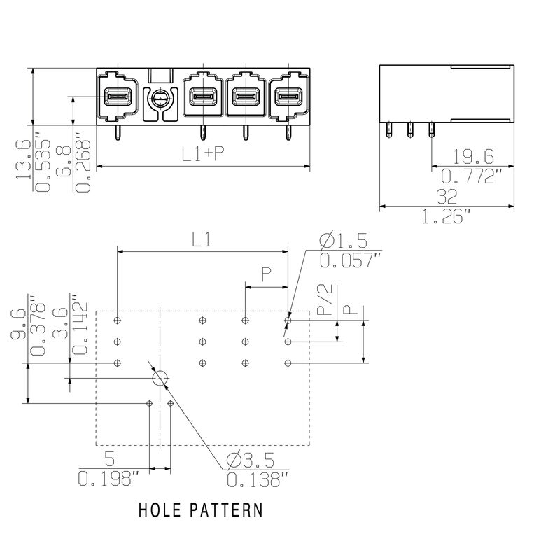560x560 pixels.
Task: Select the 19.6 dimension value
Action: [473, 156]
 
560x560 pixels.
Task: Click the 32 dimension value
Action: [446, 195]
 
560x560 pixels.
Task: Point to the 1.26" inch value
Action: [446, 218]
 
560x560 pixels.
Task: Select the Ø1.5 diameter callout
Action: [343, 241]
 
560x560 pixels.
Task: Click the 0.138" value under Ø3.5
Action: [257, 480]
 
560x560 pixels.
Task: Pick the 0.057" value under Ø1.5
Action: [350, 261]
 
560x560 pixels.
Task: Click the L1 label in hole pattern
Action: [202, 239]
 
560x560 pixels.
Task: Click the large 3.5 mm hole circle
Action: [160, 379]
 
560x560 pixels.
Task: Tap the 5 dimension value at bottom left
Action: [109, 460]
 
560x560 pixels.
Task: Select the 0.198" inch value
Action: [109, 480]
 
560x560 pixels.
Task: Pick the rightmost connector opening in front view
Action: [286, 98]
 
